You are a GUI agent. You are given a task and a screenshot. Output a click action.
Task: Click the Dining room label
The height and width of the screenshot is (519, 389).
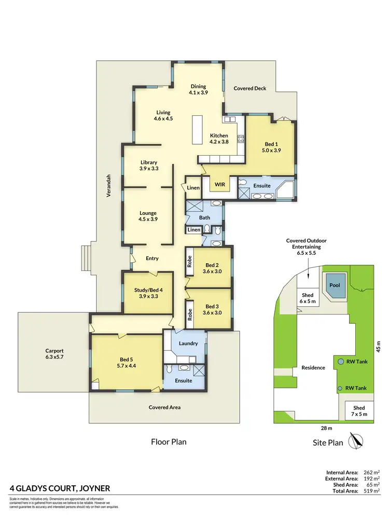pyautogui.click(x=198, y=89)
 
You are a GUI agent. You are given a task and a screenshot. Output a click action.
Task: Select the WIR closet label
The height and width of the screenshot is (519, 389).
pyautogui.click(x=219, y=184)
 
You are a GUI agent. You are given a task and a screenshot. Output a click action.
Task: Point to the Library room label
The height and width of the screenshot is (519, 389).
pyautogui.click(x=148, y=165)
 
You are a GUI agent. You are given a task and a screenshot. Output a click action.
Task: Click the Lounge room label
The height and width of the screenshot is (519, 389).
pyautogui.click(x=148, y=216)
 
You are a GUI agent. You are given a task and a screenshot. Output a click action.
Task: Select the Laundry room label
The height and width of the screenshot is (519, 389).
pyautogui.click(x=185, y=343)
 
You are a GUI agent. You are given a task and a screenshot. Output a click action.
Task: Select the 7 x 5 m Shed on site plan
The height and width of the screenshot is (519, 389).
pyautogui.click(x=359, y=411)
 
